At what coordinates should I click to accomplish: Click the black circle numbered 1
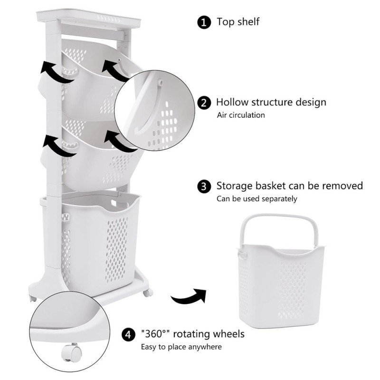pyautogui.click(x=204, y=22)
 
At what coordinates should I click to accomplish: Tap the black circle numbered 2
pyautogui.click(x=204, y=103)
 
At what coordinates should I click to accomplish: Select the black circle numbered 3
pyautogui.click(x=204, y=187)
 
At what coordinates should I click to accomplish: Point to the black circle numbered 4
pyautogui.click(x=128, y=335)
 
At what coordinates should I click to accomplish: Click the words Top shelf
pyautogui.click(x=238, y=21)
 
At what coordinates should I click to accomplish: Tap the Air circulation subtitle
pyautogui.click(x=241, y=115)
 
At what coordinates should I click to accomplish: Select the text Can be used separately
pyautogui.click(x=256, y=199)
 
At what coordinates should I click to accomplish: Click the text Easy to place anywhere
pyautogui.click(x=181, y=347)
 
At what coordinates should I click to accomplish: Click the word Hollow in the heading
pyautogui.click(x=232, y=102)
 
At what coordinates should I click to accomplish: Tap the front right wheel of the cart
pyautogui.click(x=148, y=293)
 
